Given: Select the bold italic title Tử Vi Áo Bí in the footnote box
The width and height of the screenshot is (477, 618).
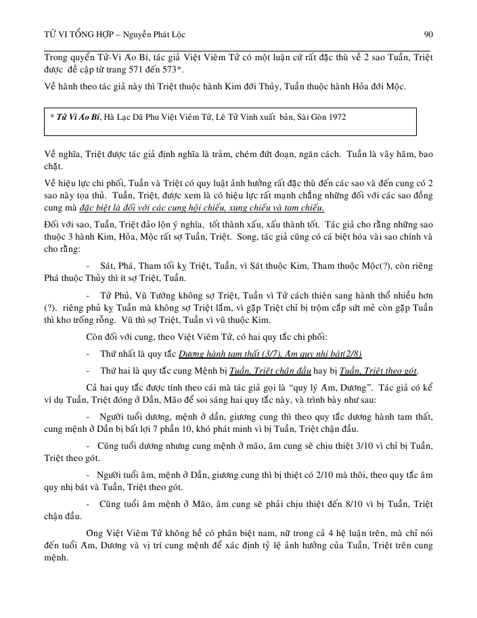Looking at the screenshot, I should click(x=78, y=117).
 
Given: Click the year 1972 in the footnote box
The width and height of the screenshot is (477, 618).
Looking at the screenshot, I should click(x=334, y=117).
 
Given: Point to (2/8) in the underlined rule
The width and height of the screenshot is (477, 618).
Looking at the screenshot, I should click(x=368, y=354).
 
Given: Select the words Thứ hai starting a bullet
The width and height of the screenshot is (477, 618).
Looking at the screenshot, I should click(x=114, y=371).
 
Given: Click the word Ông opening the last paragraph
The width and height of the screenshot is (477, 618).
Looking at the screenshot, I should click(x=95, y=532).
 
